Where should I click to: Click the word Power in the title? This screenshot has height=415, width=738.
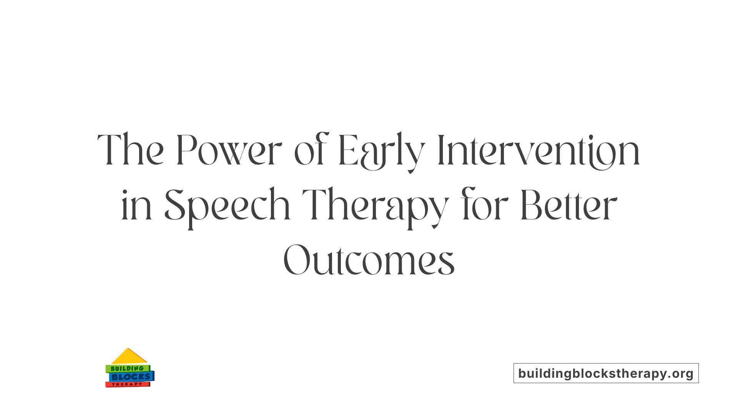229,150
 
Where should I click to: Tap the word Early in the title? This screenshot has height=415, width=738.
382,151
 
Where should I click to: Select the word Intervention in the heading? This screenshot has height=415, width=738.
539,150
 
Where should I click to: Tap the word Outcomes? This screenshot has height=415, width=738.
369,260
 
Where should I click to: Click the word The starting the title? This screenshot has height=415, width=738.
131,150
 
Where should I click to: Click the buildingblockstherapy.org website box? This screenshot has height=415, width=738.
606,373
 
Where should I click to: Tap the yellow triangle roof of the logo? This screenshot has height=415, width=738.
129,357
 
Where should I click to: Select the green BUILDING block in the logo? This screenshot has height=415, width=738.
127,369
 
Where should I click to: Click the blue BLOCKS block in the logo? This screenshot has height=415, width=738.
131,377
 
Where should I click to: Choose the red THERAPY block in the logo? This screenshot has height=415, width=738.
127,384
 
